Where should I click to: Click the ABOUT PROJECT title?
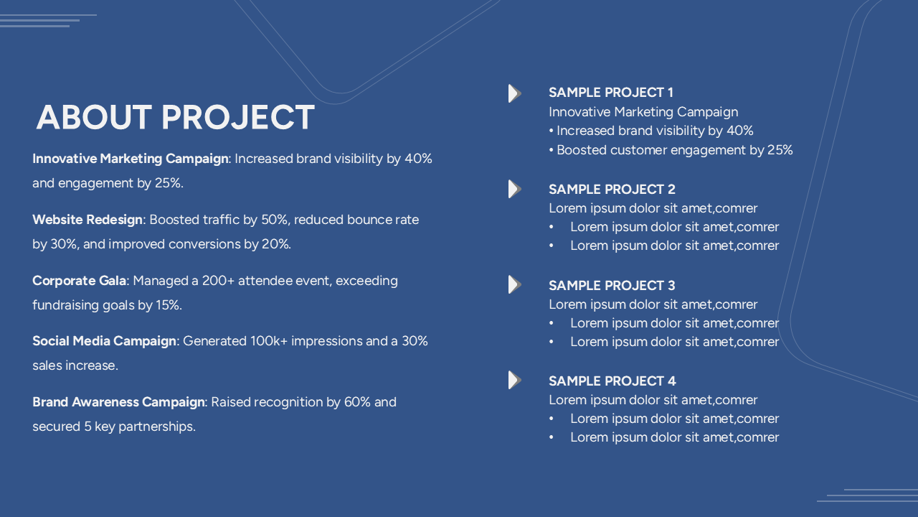click(x=175, y=118)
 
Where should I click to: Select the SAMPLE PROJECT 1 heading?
click(x=610, y=93)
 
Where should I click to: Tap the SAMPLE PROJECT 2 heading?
click(x=612, y=190)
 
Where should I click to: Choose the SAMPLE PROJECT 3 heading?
click(x=612, y=286)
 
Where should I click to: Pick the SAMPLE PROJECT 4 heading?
click(x=612, y=381)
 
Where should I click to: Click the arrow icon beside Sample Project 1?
click(x=514, y=93)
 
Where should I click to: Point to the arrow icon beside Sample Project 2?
click(x=514, y=190)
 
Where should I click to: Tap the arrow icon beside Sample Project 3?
click(x=514, y=285)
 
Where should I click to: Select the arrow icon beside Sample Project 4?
click(x=514, y=381)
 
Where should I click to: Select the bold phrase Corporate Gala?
click(x=80, y=281)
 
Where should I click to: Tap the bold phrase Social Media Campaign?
click(x=104, y=341)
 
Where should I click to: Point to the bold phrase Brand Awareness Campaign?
click(x=118, y=402)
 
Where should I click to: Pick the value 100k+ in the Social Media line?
click(x=268, y=341)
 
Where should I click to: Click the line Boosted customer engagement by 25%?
click(x=673, y=150)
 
